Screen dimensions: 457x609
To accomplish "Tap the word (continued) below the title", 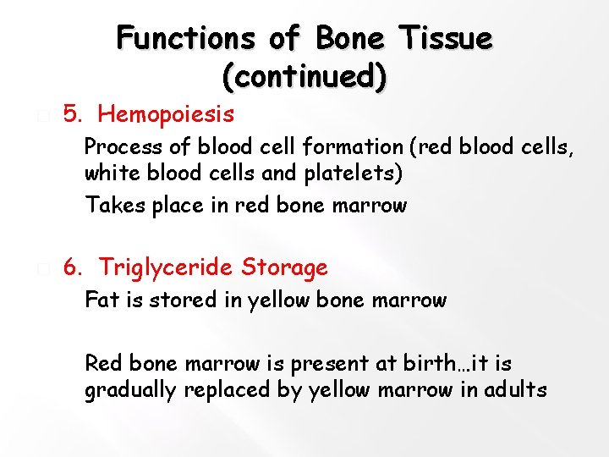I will click(304, 77).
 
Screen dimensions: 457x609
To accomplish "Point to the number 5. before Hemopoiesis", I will click(74, 114).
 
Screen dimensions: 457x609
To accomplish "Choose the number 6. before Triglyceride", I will click(74, 268).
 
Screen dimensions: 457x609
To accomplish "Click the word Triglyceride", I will click(166, 268).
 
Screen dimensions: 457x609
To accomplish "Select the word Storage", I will click(284, 268).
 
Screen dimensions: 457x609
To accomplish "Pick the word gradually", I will click(129, 391).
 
